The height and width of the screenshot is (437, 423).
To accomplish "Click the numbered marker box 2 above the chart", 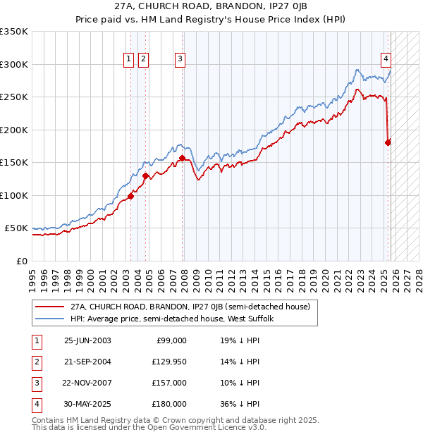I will click(143, 60).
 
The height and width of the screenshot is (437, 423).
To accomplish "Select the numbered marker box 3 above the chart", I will click(180, 60).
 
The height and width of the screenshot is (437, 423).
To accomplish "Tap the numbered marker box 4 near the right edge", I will click(387, 60).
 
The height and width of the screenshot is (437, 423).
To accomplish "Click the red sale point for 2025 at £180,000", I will click(388, 142).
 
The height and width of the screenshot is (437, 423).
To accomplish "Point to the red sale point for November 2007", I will click(182, 158).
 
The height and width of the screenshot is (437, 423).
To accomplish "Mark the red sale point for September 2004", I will click(145, 176).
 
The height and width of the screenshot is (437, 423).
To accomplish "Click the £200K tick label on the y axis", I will click(13, 130).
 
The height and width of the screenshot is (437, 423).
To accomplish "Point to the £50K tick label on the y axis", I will click(16, 228).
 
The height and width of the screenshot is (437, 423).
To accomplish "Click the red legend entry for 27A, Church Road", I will click(185, 307).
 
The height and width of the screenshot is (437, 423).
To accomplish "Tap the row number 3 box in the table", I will click(35, 383).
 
